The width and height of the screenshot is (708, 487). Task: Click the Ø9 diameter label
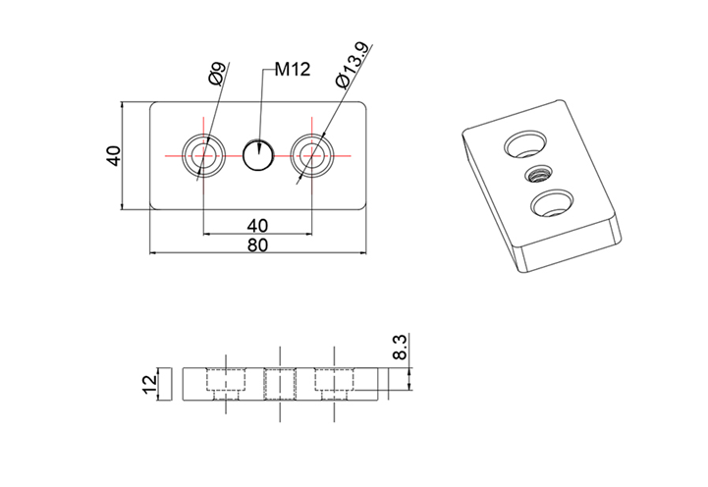217,77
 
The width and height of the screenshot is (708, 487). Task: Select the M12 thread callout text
292,70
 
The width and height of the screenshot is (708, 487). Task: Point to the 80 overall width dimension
258,245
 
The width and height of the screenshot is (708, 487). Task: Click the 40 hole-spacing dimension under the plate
258,225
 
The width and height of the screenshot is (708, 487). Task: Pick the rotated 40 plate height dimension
114,155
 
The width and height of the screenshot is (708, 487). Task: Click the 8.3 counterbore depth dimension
400,347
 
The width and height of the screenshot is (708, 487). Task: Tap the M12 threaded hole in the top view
258,155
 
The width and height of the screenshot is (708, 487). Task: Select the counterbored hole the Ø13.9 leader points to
312,155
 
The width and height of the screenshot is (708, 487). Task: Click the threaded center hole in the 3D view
536,176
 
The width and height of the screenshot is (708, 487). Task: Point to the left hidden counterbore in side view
226,382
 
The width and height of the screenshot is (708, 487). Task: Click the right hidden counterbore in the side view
334,382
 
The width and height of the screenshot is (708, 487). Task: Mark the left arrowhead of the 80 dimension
153,253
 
